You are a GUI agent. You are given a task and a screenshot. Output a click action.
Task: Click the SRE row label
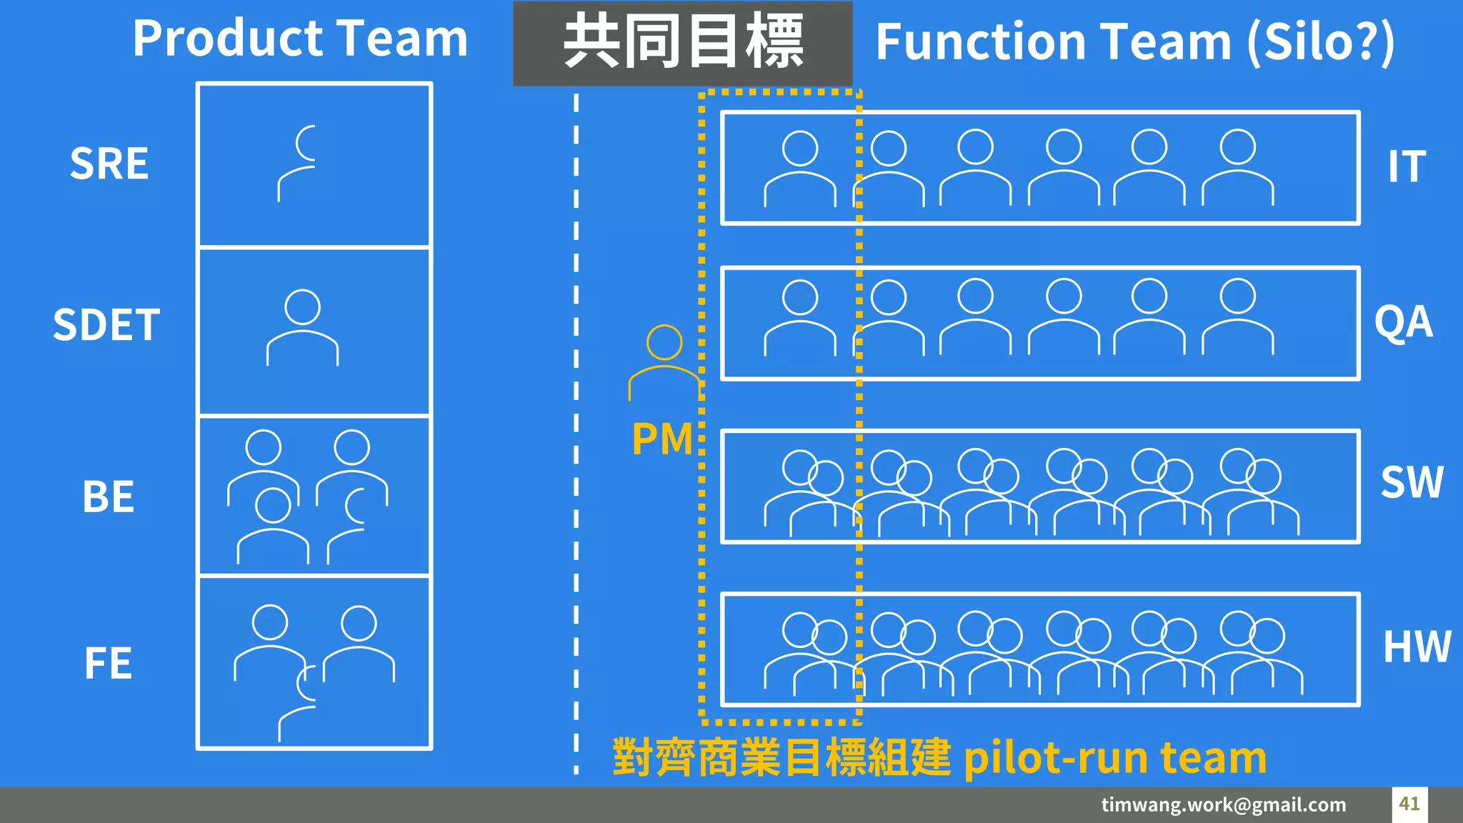[109, 164]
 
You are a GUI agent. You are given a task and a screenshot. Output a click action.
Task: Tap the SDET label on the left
[106, 325]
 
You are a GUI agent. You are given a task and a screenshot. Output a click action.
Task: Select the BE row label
[108, 497]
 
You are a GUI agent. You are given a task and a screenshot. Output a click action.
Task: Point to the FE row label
[108, 663]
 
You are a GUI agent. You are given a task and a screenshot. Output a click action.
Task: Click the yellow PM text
[662, 439]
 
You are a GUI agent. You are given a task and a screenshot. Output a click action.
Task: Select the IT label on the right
[1407, 166]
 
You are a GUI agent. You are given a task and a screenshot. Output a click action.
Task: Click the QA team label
[1403, 322]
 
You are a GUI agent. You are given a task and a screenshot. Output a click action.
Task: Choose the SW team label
[1412, 482]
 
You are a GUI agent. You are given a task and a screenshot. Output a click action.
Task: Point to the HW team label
[1417, 647]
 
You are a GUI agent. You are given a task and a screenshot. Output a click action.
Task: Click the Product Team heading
[300, 39]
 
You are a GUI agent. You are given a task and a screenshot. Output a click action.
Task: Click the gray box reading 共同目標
[682, 43]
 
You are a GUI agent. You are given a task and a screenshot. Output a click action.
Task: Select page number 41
[1409, 804]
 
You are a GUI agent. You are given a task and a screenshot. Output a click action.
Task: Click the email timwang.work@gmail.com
[1223, 804]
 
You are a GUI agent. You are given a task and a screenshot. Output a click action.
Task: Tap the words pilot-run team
[1114, 758]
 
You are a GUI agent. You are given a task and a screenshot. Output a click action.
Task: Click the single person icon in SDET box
[302, 327]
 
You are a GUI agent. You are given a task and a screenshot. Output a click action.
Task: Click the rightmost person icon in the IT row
[1237, 167]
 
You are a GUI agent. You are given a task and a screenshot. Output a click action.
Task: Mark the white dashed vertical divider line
[576, 429]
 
